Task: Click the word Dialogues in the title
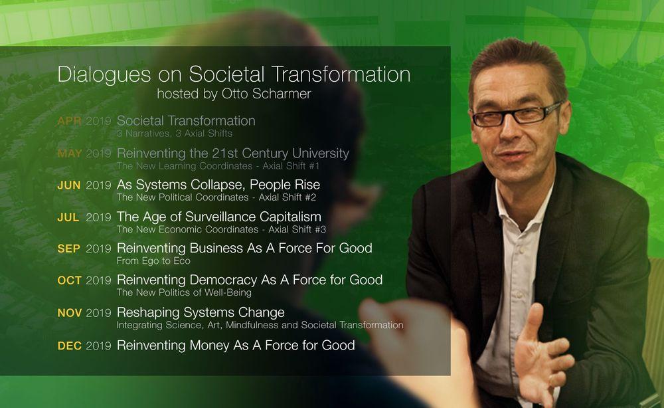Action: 104,74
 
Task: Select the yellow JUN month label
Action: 69,185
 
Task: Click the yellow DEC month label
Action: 70,346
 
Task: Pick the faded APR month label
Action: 69,121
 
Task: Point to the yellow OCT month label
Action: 69,280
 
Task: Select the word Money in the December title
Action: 209,346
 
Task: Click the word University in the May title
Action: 321,153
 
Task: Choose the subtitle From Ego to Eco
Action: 153,261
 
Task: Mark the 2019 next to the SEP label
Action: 98,249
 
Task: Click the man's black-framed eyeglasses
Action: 516,114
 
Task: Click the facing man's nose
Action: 509,132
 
